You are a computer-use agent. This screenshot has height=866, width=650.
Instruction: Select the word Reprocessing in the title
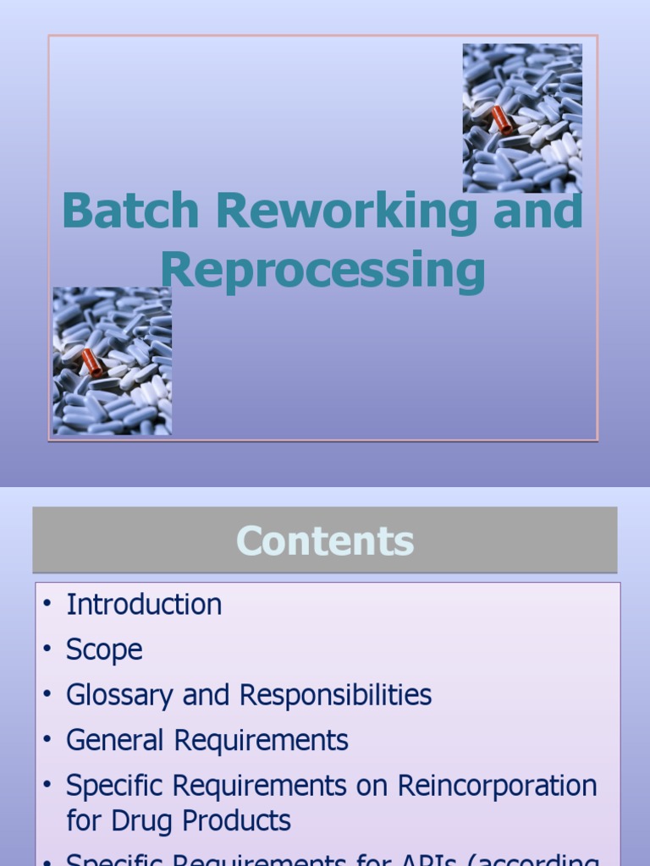pos(323,272)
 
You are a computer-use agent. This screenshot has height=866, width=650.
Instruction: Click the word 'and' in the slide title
pos(538,211)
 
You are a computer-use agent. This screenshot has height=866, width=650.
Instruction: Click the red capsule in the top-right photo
pos(502,119)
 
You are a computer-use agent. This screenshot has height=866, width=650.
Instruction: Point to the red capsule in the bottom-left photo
pos(91,363)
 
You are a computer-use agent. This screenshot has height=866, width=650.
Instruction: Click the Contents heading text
pos(325,541)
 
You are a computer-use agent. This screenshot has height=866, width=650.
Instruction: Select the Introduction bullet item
pos(144,605)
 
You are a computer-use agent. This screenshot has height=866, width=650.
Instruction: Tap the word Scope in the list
pos(104,650)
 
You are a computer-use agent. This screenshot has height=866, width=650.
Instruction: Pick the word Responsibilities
pos(335,695)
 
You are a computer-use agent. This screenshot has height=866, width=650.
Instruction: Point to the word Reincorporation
pos(497,786)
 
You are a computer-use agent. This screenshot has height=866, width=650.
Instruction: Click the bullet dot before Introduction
pos(47,605)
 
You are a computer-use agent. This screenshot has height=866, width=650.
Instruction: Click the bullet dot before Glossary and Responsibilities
pos(47,695)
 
